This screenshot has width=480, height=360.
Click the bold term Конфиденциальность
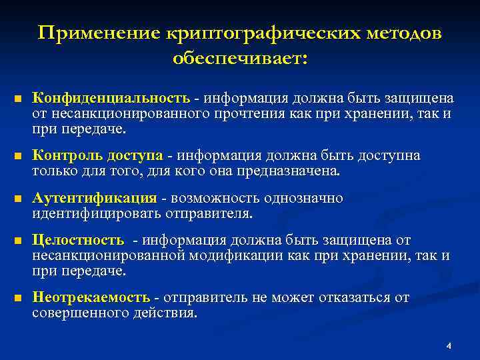(112, 99)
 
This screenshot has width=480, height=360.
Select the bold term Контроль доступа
(98, 156)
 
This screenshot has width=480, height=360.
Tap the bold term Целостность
(79, 240)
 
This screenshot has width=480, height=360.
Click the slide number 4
(449, 346)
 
